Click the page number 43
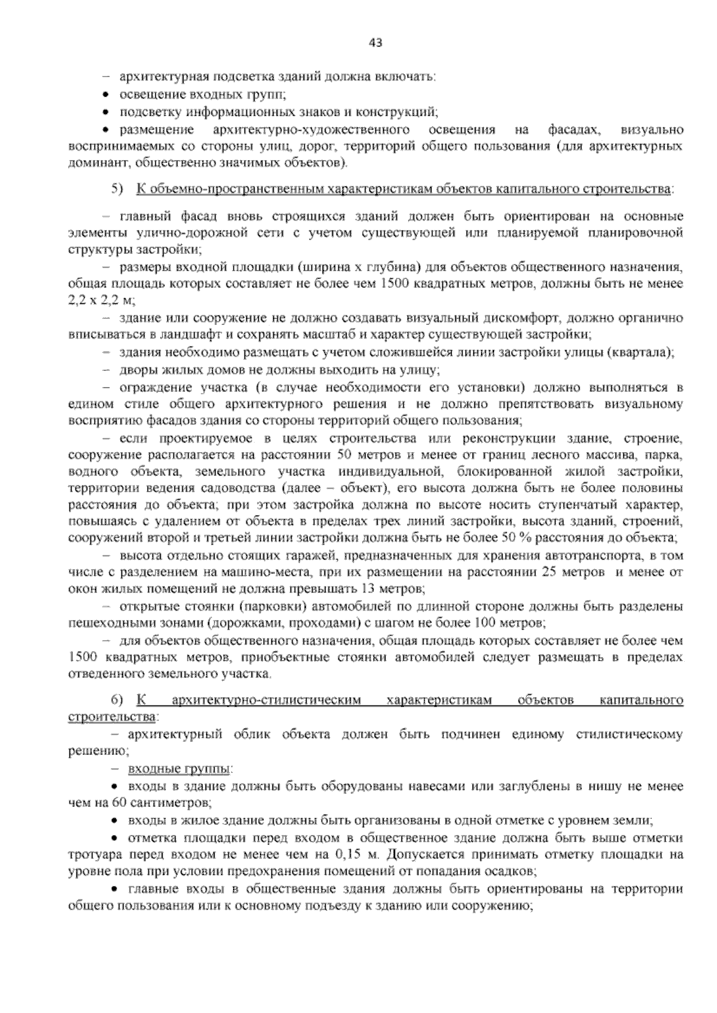(376, 42)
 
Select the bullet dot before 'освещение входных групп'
(106, 95)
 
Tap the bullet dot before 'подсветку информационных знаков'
(106, 112)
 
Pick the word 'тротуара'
(90, 854)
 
